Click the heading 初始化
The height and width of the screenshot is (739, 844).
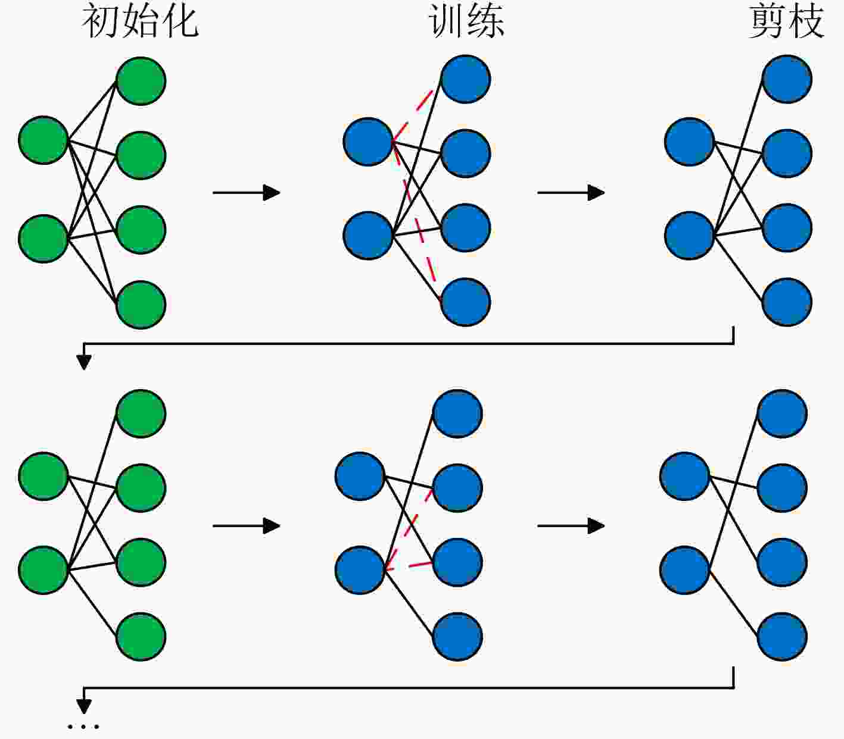point(140,21)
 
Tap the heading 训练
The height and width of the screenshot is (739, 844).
point(466,21)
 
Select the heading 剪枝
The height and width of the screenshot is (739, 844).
point(786,21)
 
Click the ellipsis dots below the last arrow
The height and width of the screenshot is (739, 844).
point(83,727)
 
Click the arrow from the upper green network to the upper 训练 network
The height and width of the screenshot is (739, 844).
point(246,193)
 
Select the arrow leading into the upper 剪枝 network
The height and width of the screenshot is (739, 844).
point(571,193)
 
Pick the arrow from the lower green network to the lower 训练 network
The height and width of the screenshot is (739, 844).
point(246,526)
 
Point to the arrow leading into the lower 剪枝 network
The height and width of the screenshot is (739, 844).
point(571,526)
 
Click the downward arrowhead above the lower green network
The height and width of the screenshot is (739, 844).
point(84,362)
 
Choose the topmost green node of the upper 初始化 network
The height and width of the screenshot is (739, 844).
point(141,81)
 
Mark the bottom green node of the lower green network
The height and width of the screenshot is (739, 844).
point(141,637)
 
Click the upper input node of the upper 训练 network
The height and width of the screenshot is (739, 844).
point(368,142)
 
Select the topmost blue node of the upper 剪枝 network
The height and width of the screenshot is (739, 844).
point(787,79)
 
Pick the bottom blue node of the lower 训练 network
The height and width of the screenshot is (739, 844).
point(457,637)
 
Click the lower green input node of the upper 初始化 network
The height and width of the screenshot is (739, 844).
point(43,239)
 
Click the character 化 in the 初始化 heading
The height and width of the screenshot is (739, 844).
point(180,21)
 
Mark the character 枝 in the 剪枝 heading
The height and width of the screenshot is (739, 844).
point(806,21)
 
